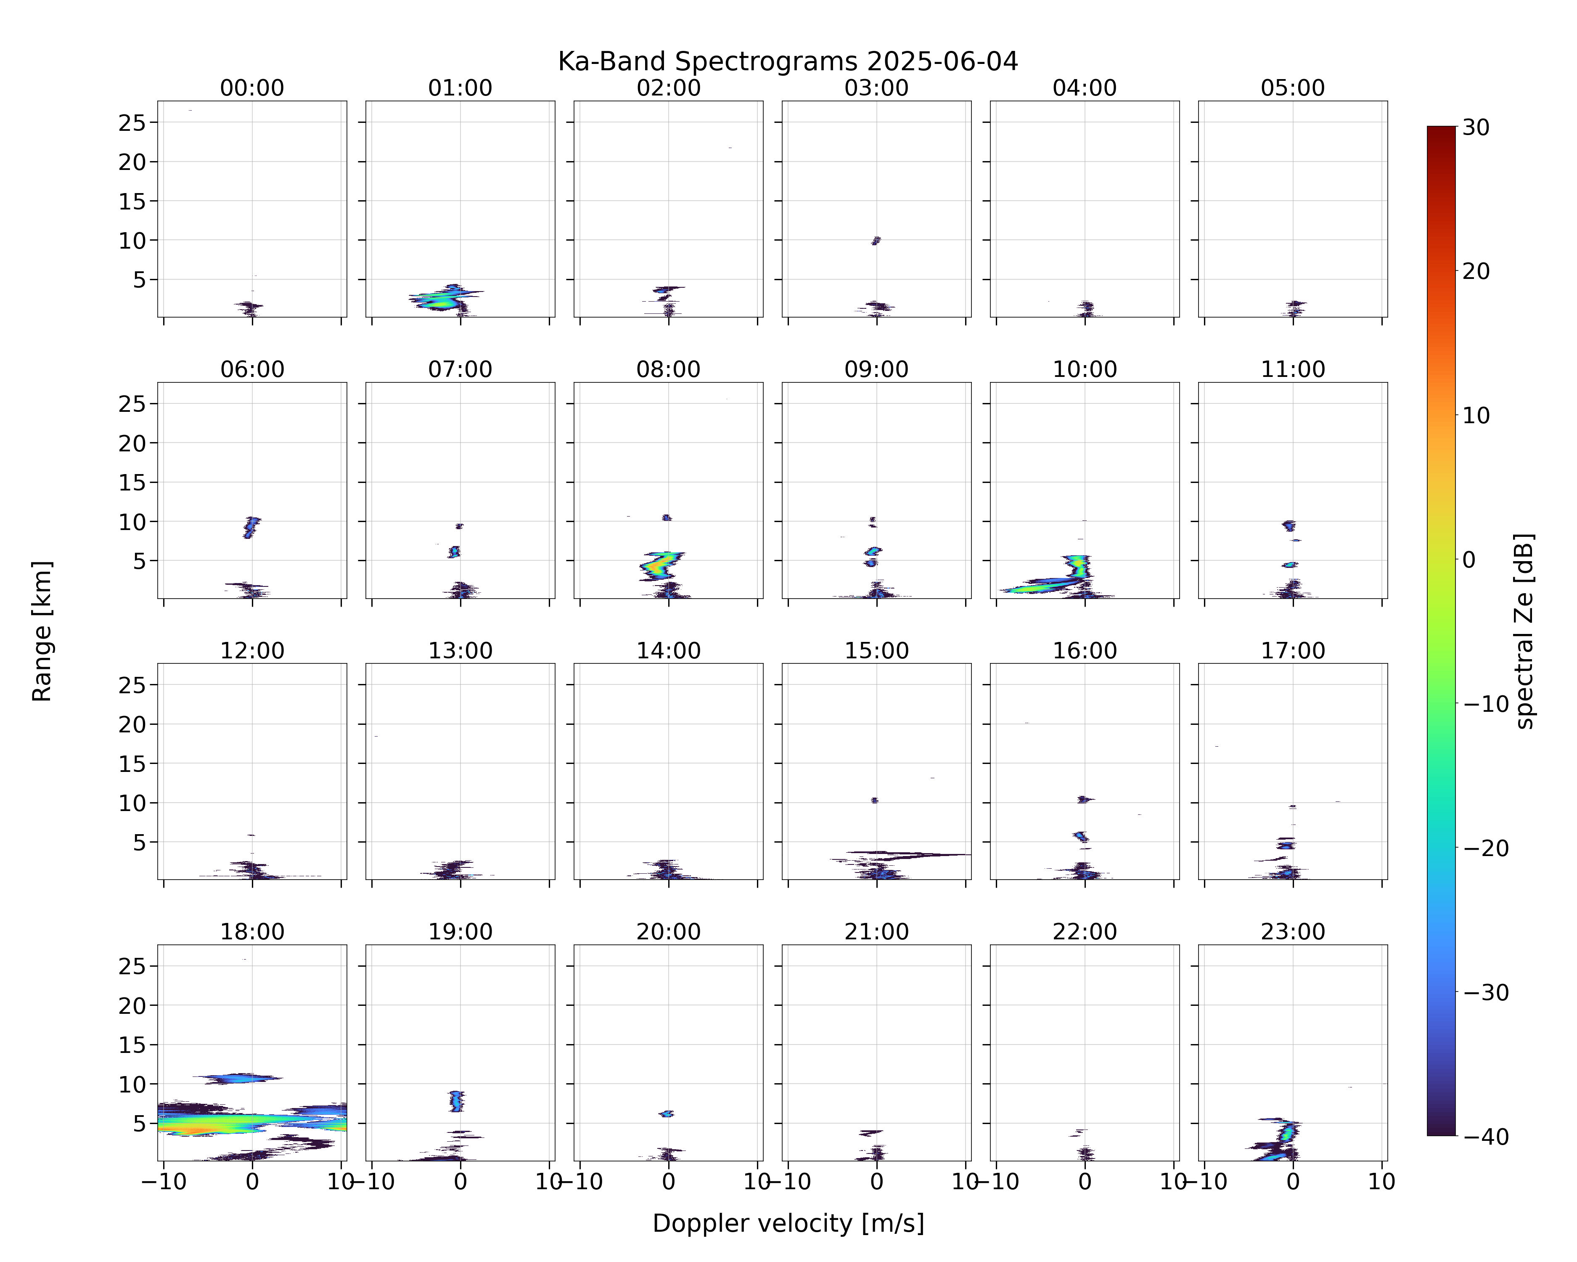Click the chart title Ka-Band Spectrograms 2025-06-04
(788, 61)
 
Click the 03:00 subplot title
(876, 88)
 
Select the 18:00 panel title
(252, 932)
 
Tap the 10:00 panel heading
(1085, 369)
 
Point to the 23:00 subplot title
(1292, 932)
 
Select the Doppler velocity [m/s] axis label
(788, 1223)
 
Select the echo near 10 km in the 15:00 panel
(874, 801)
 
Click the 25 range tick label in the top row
(132, 123)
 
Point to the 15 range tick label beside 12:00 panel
(132, 764)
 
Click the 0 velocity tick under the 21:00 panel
(876, 1182)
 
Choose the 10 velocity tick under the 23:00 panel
(1382, 1182)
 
